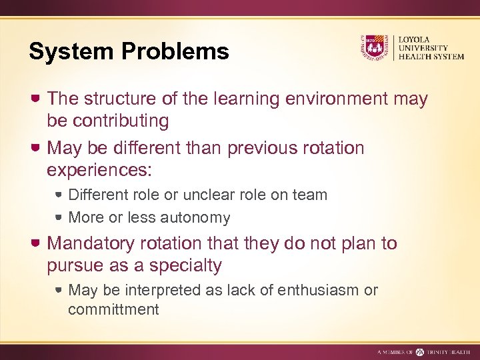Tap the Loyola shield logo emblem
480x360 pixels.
click(x=373, y=47)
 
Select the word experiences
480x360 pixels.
click(x=99, y=169)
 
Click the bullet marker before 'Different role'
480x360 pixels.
click(x=59, y=195)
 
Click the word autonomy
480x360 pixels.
click(x=199, y=217)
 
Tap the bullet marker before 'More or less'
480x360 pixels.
click(x=59, y=217)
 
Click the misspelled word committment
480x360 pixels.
click(x=113, y=309)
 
